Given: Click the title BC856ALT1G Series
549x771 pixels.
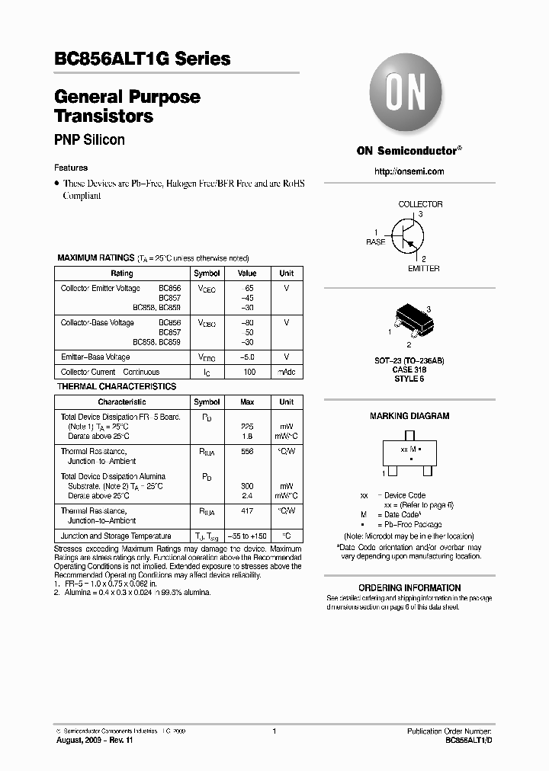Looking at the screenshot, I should point(143,59).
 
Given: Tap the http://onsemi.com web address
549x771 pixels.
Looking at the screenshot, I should point(409,171).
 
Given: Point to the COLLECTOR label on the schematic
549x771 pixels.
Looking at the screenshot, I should point(420,204).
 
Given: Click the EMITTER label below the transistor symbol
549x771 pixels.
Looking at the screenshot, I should point(423,268).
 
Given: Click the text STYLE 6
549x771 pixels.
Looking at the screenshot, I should point(409,379).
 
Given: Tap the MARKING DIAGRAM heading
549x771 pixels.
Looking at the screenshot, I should point(409,416).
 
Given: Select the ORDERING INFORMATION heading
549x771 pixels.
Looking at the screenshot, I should point(409,587).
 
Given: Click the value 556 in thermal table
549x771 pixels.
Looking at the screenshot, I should point(247,451).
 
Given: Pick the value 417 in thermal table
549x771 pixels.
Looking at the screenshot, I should point(247,510).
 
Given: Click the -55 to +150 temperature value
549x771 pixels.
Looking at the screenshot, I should point(247,536).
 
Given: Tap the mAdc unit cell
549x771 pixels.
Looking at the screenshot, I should point(286,372).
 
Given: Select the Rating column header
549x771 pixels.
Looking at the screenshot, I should point(122,273).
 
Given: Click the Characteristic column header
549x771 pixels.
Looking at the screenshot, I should point(122,401).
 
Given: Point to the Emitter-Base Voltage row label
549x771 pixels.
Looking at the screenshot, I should point(95,357).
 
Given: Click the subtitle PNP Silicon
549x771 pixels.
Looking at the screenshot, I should point(89,140).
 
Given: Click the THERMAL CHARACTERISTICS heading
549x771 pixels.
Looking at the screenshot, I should point(117,386).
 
